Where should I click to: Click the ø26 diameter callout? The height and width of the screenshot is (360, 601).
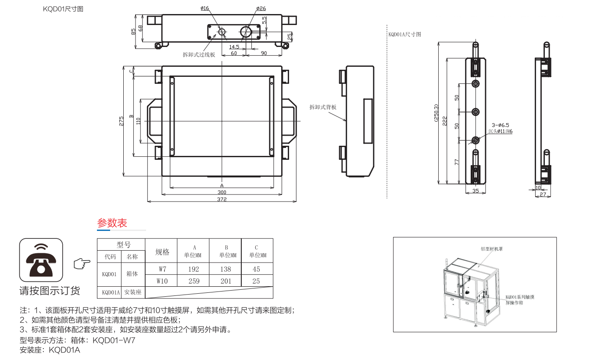261,8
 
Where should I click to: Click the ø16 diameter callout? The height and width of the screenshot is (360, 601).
205,8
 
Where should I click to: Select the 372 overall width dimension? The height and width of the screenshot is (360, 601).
222,199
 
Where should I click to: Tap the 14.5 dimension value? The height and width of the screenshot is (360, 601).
234,47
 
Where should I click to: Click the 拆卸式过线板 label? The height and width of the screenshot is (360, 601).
199,54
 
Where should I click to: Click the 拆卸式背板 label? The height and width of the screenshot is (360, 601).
323,107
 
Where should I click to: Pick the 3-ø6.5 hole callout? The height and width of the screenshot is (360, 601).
500,125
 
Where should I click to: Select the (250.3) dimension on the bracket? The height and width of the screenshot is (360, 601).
435,114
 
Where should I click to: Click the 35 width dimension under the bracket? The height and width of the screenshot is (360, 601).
476,191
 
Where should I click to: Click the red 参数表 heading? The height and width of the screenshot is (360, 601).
112,223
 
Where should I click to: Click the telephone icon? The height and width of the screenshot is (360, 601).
41,260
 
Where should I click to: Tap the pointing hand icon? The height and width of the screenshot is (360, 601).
82,263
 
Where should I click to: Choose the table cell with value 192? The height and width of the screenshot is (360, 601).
193,269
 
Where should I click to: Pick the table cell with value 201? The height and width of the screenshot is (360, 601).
225,281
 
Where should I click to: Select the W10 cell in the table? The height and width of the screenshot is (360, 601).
162,281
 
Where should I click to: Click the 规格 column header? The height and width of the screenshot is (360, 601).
162,252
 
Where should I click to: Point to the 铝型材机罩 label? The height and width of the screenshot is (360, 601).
492,248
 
